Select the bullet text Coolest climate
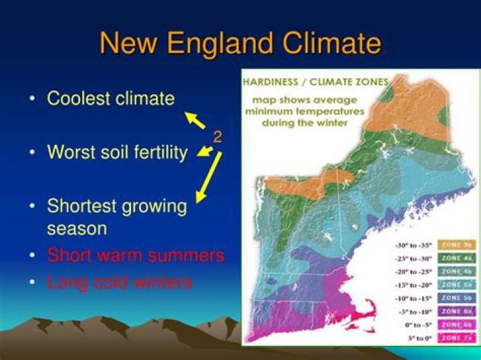pyautogui.click(x=110, y=99)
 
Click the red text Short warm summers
pyautogui.click(x=135, y=255)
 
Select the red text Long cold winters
pyautogui.click(x=119, y=282)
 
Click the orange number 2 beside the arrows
pyautogui.click(x=217, y=137)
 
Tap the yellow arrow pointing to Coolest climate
pyautogui.click(x=195, y=120)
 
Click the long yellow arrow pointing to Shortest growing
pyautogui.click(x=207, y=178)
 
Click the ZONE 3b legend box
pyautogui.click(x=458, y=244)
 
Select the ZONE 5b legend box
pyautogui.click(x=458, y=297)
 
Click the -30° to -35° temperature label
pyautogui.click(x=413, y=244)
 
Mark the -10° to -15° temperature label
pyautogui.click(x=413, y=298)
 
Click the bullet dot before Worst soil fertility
pyautogui.click(x=32, y=153)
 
